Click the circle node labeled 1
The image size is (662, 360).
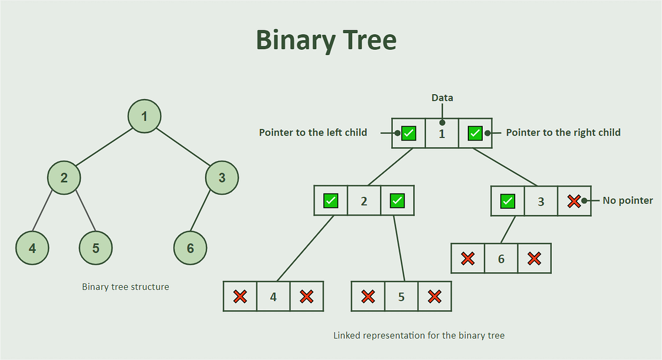pos(145,116)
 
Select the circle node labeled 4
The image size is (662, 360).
pos(33,248)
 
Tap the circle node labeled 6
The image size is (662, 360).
pos(190,248)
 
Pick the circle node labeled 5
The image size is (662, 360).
pos(95,248)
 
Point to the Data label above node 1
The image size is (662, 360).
pos(442,98)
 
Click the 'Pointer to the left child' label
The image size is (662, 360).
pos(313,132)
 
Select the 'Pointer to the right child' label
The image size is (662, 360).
pos(563,132)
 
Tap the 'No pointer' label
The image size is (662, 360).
pos(627,201)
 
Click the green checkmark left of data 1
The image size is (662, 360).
pos(409,133)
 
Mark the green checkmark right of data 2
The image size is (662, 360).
pos(397,201)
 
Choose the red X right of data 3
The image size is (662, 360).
pos(574,201)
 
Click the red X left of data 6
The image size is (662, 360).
pos(468,259)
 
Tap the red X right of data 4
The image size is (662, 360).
pos(307,297)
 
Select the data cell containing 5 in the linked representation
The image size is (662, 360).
pos(401,297)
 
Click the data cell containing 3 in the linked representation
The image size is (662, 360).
pos(541,201)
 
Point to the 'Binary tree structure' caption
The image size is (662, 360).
pos(125,287)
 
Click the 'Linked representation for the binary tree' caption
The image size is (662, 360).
pos(419,335)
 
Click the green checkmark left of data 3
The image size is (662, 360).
pos(508,201)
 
